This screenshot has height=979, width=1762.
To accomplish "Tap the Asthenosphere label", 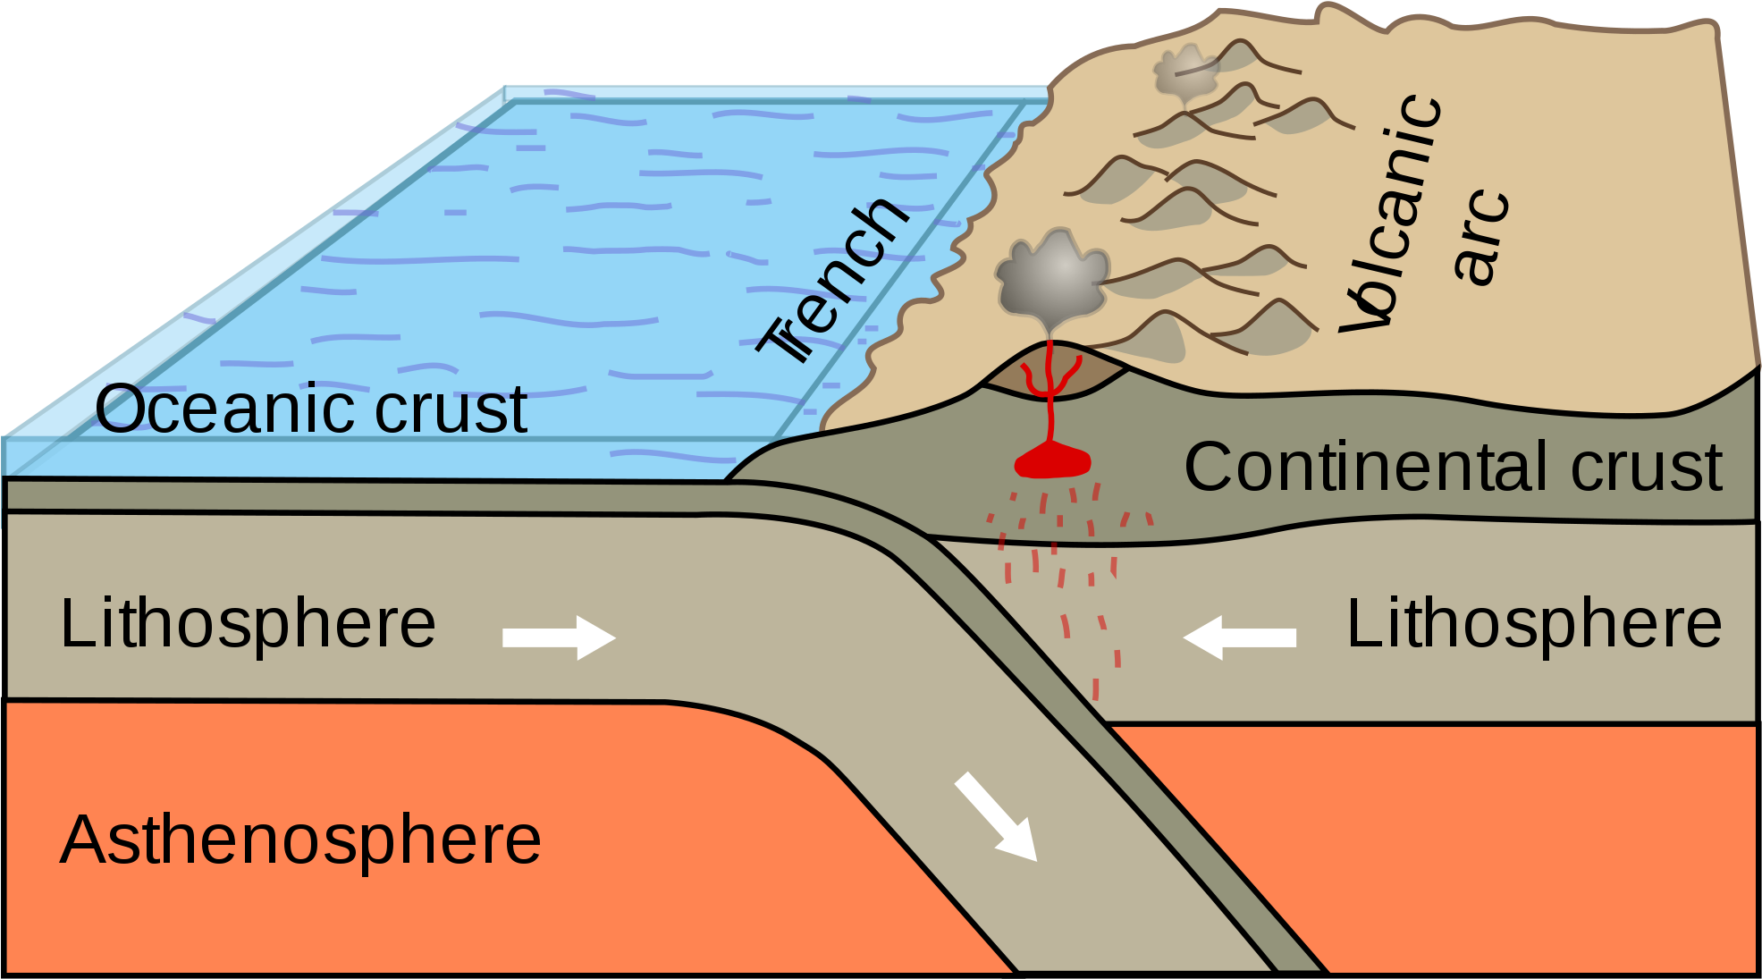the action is (300, 840).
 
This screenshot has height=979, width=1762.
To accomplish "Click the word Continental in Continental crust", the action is (1369, 467).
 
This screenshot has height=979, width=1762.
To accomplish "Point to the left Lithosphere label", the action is (248, 623).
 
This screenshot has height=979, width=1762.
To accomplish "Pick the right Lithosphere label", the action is (1534, 623).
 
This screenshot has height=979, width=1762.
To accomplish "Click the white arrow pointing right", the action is (560, 637).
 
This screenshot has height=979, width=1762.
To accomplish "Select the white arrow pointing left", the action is (1239, 637).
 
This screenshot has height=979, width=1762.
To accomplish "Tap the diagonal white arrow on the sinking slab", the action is (996, 816).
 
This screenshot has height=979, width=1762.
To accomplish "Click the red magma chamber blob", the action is (1053, 462).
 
